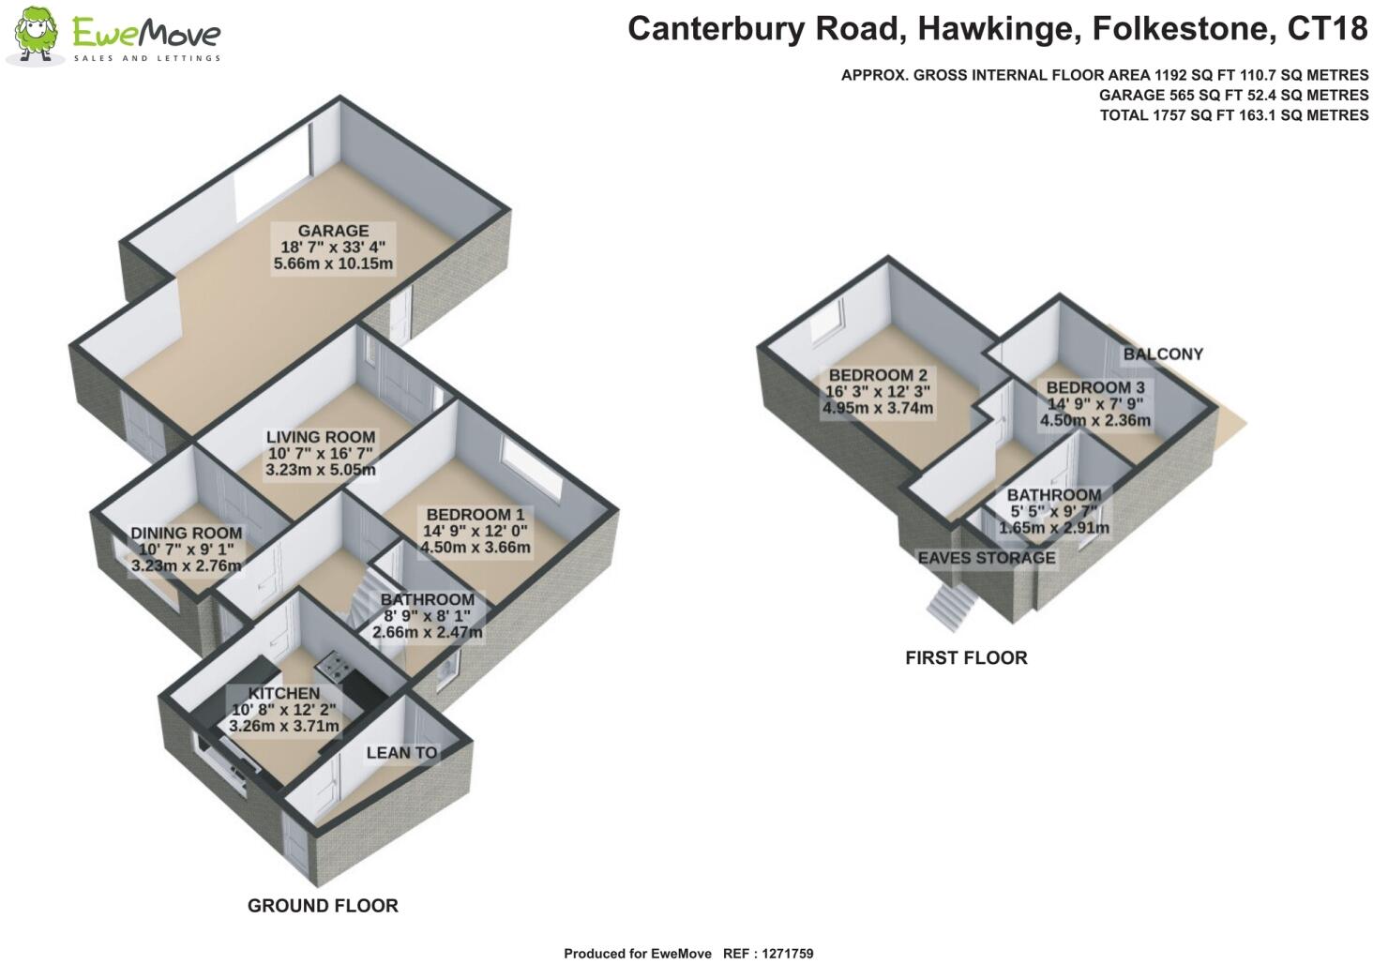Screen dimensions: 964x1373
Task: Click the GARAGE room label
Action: coord(333,231)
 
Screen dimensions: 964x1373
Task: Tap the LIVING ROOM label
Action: coord(320,437)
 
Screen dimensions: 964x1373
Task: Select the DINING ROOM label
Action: coord(186,533)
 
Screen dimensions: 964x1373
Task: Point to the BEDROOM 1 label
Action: coord(475,515)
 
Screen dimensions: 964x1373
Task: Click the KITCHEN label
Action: coord(283,693)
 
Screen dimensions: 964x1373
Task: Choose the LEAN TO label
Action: coord(401,752)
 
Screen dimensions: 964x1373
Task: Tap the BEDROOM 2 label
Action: coord(877,375)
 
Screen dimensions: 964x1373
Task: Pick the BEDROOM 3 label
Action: coord(1094,387)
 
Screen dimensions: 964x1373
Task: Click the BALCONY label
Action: coord(1163,354)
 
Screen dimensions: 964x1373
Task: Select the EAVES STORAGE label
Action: coord(986,558)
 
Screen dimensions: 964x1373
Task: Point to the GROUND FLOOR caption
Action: coord(323,906)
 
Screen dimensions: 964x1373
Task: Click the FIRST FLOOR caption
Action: coord(966,658)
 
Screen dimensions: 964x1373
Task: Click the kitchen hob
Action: coord(333,668)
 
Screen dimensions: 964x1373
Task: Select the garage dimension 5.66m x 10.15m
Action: coord(333,264)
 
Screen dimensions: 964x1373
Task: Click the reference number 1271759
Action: coord(781,954)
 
